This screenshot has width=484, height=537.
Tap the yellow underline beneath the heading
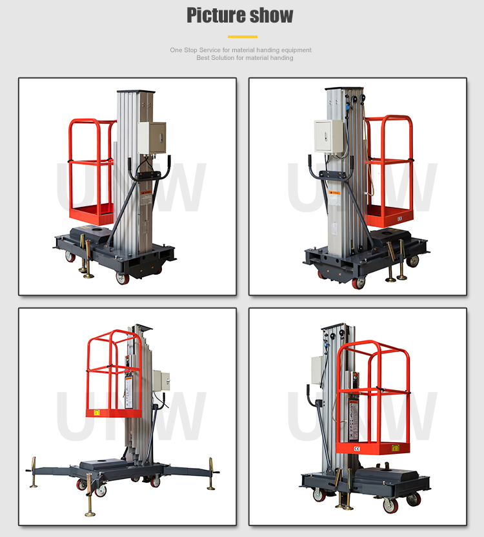pos(242,37)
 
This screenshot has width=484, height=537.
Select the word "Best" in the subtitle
pos(204,58)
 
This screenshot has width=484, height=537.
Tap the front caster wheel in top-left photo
pos(122,278)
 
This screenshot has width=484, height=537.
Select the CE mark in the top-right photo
pos(399,218)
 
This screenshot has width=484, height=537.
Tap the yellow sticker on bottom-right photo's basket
pos(396,447)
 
